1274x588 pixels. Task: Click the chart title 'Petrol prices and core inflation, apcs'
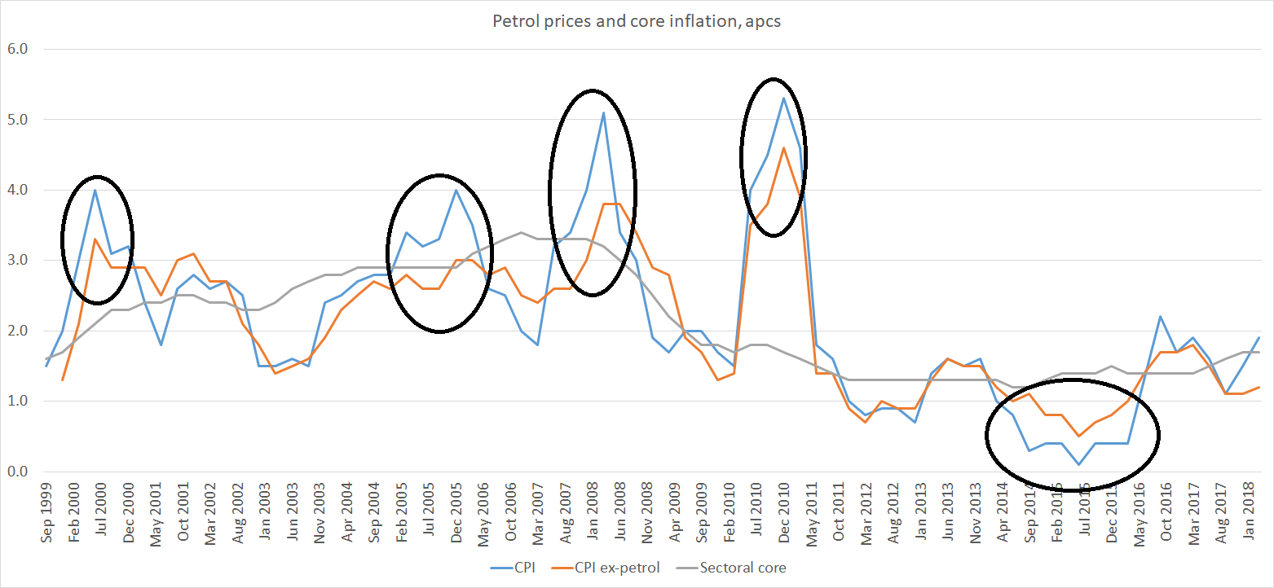(637, 21)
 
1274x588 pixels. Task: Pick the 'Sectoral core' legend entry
(742, 568)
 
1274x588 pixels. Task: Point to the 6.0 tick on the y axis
(17, 49)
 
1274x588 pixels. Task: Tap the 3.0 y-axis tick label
(17, 261)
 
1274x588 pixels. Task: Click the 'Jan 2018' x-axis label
(1254, 509)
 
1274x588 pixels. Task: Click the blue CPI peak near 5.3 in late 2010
(783, 99)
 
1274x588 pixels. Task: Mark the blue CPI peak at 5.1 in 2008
(602, 112)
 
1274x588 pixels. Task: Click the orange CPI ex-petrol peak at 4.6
(783, 147)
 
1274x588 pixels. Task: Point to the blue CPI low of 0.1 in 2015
(1078, 465)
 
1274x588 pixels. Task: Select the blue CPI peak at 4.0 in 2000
(95, 190)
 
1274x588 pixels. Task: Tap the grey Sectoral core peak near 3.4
(521, 232)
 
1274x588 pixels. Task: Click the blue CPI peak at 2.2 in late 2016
(1160, 317)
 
